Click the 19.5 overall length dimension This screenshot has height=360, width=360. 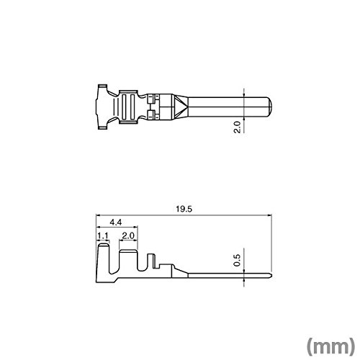pyautogui.click(x=184, y=209)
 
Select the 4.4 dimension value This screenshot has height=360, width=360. pyautogui.click(x=116, y=222)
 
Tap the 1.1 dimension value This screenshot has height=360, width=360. pyautogui.click(x=103, y=236)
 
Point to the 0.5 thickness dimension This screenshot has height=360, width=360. pyautogui.click(x=237, y=260)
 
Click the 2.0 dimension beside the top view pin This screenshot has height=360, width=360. pyautogui.click(x=237, y=127)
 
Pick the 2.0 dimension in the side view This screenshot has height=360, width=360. pyautogui.click(x=128, y=236)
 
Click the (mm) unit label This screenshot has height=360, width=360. pyautogui.click(x=330, y=346)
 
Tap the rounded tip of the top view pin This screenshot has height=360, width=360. pyautogui.click(x=270, y=107)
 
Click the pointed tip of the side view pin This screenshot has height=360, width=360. pyautogui.click(x=271, y=276)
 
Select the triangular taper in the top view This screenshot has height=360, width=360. pyautogui.click(x=180, y=107)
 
